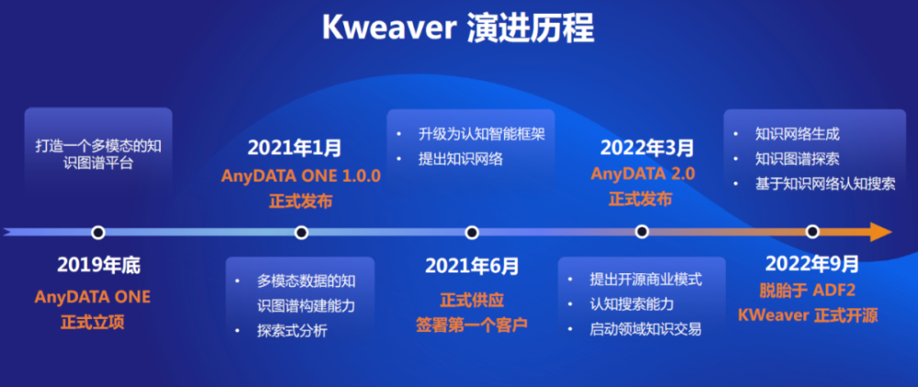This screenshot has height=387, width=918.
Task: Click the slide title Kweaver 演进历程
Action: click(x=458, y=28)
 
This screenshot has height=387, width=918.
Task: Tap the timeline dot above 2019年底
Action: click(x=98, y=233)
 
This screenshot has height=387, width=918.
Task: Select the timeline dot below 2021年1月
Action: click(x=301, y=233)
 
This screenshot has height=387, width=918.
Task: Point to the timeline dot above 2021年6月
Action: click(x=472, y=233)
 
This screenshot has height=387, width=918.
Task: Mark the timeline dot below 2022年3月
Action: click(x=643, y=232)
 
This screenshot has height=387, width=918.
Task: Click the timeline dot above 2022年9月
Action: click(x=812, y=232)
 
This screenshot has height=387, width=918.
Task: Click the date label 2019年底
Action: click(x=99, y=266)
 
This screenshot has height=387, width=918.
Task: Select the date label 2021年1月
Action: click(x=295, y=148)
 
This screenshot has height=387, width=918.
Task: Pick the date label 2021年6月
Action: click(x=472, y=267)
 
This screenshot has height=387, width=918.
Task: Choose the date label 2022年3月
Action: click(x=647, y=148)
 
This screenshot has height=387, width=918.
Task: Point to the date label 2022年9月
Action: click(x=812, y=264)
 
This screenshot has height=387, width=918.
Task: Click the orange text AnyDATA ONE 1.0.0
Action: click(x=301, y=175)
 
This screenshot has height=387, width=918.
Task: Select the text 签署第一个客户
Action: click(x=472, y=325)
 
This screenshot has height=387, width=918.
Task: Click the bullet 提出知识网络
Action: click(x=461, y=159)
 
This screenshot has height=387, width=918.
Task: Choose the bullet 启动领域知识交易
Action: click(x=645, y=329)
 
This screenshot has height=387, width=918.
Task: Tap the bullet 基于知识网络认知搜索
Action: click(x=825, y=183)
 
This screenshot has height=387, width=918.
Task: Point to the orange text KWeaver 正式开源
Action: click(x=808, y=316)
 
